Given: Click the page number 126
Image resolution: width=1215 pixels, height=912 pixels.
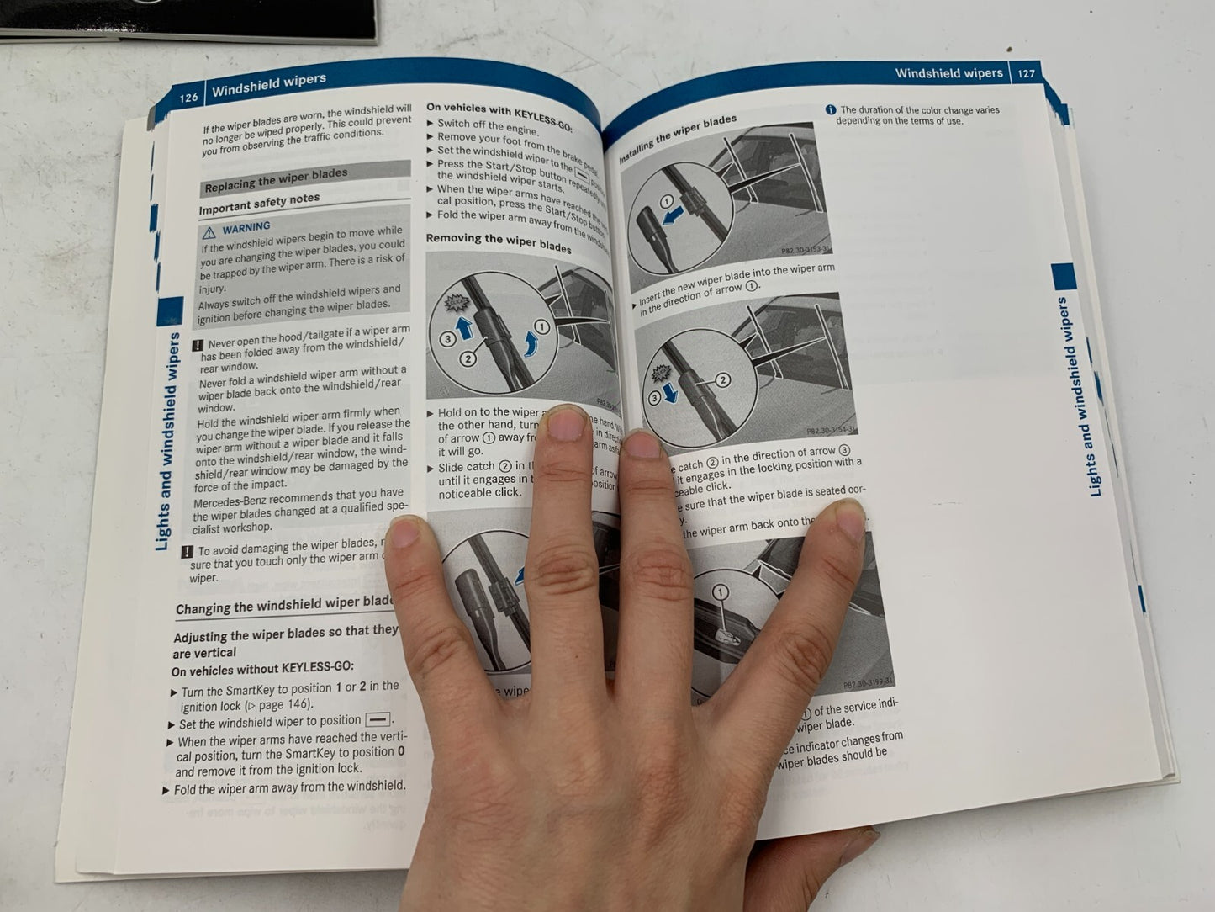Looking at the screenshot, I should [x=188, y=98].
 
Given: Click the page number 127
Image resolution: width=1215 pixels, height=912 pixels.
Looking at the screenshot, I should [x=1026, y=73].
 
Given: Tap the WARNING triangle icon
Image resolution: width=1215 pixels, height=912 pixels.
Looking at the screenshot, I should [x=209, y=231].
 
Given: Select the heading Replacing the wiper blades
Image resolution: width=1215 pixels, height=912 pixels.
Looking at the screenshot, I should [x=276, y=179].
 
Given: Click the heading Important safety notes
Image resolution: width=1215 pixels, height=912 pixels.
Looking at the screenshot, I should [x=259, y=203].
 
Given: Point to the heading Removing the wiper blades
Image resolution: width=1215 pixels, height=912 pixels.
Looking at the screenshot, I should [x=498, y=242].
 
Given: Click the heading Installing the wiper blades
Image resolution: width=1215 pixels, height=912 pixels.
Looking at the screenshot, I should [x=677, y=140].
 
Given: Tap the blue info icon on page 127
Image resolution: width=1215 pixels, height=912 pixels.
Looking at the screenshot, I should [x=830, y=110].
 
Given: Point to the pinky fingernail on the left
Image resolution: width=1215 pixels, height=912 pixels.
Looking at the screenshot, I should [x=407, y=532].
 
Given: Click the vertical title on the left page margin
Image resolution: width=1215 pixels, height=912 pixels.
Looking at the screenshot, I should [x=166, y=442].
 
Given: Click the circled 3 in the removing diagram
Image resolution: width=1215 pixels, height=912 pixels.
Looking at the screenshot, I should [x=447, y=339].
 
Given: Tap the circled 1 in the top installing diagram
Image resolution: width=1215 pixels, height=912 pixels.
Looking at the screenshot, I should [x=666, y=202].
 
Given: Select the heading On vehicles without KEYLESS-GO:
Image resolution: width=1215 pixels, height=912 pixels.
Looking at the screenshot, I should [x=262, y=670].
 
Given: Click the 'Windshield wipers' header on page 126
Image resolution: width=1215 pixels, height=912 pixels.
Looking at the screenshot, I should [x=268, y=85].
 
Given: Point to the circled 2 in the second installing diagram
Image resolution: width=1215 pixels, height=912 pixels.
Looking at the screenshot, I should [x=722, y=380].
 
